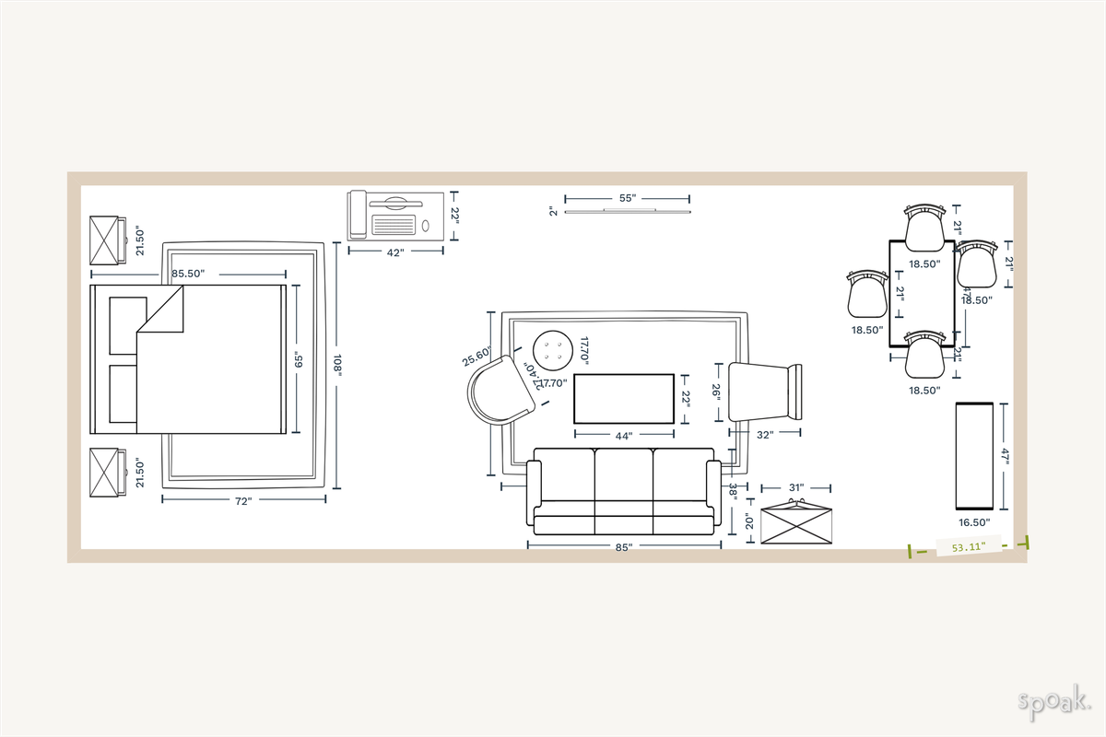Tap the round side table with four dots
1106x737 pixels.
click(553, 349)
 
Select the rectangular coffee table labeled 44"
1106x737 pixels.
click(624, 399)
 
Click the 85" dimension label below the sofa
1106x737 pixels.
click(624, 547)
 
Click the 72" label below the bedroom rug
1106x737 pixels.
click(243, 501)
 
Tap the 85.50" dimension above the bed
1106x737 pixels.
click(188, 274)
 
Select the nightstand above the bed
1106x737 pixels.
click(107, 241)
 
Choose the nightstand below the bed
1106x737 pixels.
click(107, 473)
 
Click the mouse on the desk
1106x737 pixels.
click(425, 226)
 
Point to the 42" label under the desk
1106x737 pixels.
click(396, 252)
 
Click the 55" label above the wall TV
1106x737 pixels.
click(627, 198)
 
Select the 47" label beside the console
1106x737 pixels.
click(1006, 456)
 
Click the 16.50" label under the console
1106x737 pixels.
click(974, 522)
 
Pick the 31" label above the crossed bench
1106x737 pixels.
click(796, 486)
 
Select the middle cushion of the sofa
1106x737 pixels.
click(624, 476)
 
